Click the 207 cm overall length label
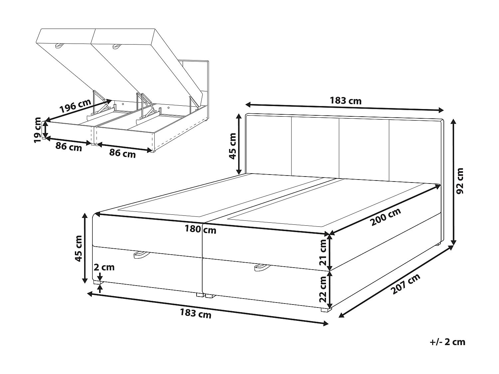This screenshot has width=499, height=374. pos(406,284)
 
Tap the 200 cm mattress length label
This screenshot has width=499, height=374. pos(386,216)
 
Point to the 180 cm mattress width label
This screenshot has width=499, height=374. pos(200,229)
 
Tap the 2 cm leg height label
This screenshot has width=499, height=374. pos(104,267)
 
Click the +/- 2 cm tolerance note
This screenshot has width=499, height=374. pos(447,342)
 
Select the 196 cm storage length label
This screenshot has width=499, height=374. pos(75,106)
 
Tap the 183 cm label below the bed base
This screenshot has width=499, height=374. pos(195,313)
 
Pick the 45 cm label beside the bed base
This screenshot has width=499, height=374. pos(79,248)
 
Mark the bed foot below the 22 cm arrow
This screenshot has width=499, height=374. pos(327,310)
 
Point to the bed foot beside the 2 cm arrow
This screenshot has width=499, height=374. pos(96,283)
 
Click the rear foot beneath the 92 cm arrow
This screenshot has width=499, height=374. pos(438,244)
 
